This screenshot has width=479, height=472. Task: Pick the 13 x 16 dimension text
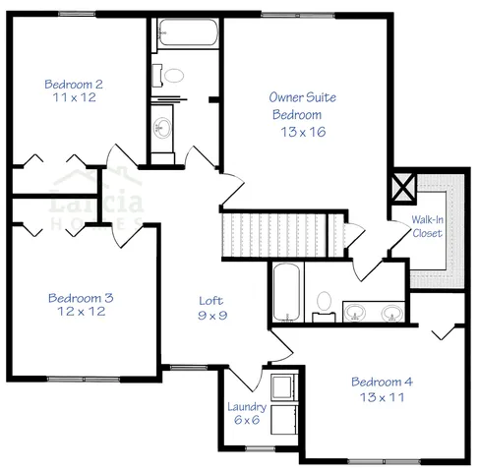click(300, 131)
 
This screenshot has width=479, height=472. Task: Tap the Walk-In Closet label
click(427, 227)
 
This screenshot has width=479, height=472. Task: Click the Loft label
click(210, 301)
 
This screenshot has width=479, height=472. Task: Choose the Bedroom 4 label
click(382, 382)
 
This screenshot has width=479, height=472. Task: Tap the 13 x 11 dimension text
click(382, 397)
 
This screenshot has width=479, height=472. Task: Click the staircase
click(281, 236)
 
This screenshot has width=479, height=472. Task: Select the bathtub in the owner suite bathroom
click(285, 292)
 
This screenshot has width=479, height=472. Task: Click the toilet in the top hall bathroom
click(173, 76)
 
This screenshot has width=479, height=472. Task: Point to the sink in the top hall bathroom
click(161, 126)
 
